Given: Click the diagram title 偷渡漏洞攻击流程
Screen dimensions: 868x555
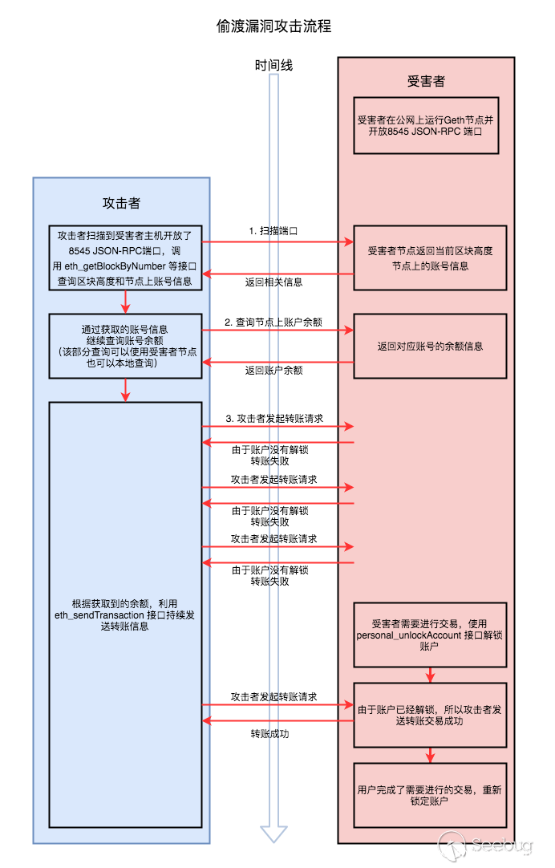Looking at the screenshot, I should pyautogui.click(x=273, y=26).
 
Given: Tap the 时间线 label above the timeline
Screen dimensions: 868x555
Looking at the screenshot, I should pyautogui.click(x=273, y=65).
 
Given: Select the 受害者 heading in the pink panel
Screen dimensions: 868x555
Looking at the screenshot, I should pyautogui.click(x=426, y=81).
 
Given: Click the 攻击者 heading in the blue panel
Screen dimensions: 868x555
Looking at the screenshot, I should pyautogui.click(x=121, y=202).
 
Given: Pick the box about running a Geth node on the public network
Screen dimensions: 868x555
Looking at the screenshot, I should pyautogui.click(x=426, y=124).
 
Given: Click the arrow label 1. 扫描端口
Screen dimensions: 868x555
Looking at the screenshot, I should pyautogui.click(x=273, y=230).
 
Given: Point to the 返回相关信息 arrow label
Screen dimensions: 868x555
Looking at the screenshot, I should pyautogui.click(x=273, y=282).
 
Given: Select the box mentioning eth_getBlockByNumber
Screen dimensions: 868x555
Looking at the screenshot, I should pyautogui.click(x=124, y=258).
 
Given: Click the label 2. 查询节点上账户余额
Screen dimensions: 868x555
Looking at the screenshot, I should pyautogui.click(x=273, y=322).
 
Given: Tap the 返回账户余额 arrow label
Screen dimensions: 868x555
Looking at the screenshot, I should pyautogui.click(x=273, y=370).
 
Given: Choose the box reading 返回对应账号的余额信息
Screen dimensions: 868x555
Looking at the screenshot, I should pyautogui.click(x=430, y=346).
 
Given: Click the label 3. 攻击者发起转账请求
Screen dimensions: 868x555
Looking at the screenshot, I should pyautogui.click(x=273, y=419).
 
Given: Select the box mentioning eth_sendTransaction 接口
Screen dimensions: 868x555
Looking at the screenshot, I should pyautogui.click(x=124, y=614).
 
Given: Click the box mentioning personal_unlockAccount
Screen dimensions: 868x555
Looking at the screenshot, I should pyautogui.click(x=430, y=635).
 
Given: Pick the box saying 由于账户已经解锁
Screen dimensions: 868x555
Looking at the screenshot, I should pyautogui.click(x=430, y=714).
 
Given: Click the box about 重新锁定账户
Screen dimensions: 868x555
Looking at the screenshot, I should pyautogui.click(x=430, y=794).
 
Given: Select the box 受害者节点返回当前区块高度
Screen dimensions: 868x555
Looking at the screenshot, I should pyautogui.click(x=430, y=258).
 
